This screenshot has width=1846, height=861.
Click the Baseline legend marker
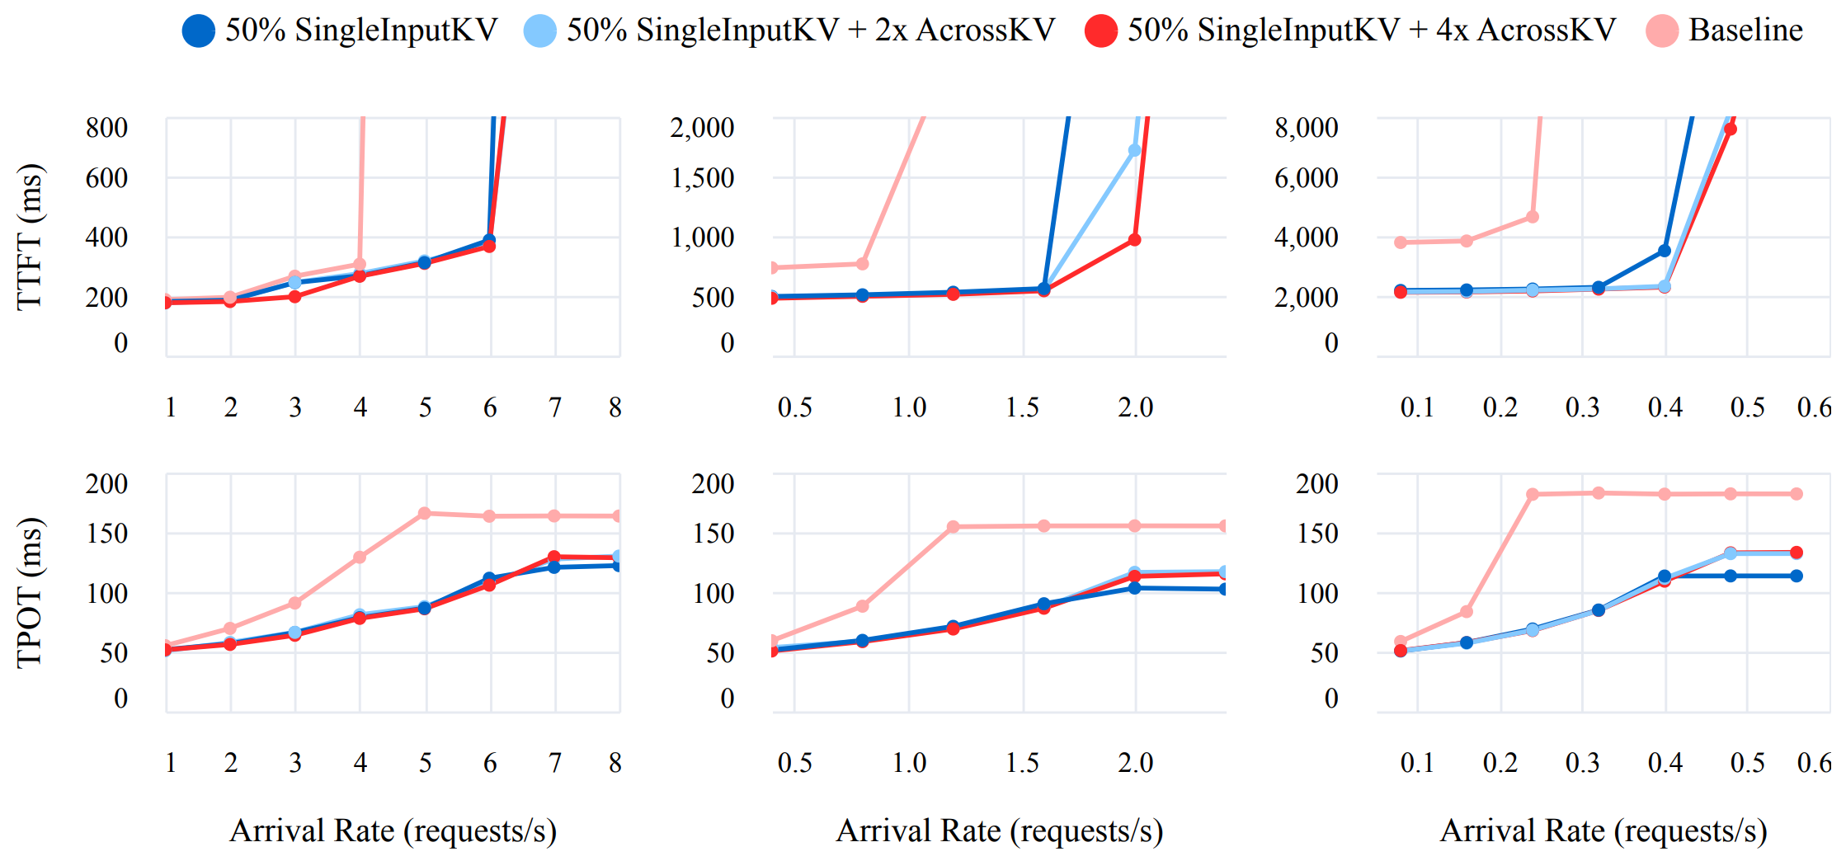1661,31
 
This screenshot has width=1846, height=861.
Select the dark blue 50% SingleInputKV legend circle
198,31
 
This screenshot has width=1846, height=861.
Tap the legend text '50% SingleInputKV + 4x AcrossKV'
1371,31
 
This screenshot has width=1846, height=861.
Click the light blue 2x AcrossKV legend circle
539,31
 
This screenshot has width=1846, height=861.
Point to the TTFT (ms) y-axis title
30,237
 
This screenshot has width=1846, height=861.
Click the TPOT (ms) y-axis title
30,592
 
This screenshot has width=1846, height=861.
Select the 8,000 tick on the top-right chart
1306,128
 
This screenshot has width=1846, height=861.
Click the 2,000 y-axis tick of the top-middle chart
702,128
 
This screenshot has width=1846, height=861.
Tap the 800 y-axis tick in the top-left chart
106,128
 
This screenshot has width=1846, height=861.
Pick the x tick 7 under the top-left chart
555,407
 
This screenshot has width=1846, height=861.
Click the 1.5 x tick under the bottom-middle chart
1023,763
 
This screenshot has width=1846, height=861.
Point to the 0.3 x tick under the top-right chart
1582,407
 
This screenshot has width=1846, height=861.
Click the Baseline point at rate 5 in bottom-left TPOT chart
425,513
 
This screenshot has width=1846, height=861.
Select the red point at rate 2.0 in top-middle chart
1134,240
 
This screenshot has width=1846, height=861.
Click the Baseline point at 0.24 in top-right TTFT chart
1533,217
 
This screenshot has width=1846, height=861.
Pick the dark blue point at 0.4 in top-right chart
1665,251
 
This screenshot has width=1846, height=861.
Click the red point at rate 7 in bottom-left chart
554,558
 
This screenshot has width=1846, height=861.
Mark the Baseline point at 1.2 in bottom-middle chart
953,526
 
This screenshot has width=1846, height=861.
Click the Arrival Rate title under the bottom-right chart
1603,831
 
